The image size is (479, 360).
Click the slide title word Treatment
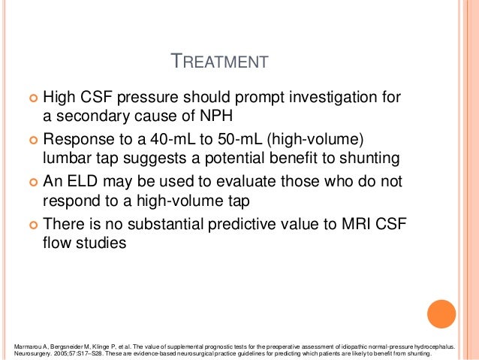click(220, 61)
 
